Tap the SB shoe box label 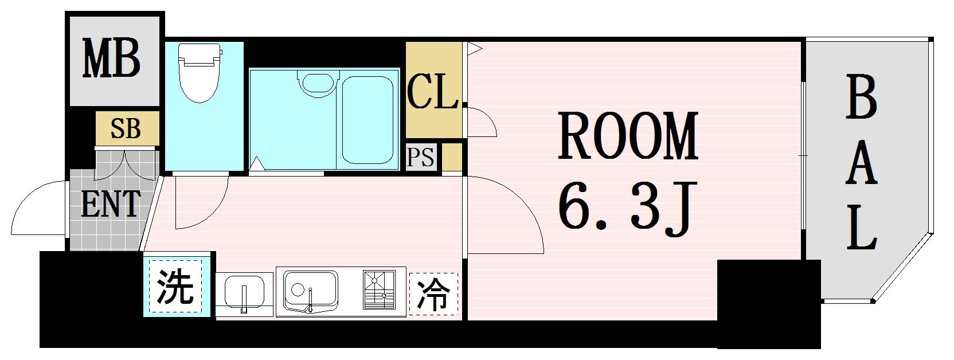[126, 129]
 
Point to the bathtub [367, 120]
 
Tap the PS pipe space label [421, 157]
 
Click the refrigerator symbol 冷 [433, 293]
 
